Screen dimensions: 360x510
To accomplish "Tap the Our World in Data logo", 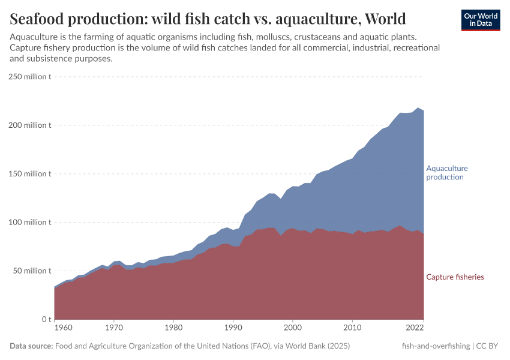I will coord(480,19).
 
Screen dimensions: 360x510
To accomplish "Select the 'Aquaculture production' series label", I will coord(446,173).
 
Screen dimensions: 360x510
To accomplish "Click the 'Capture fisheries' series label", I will coord(455,277).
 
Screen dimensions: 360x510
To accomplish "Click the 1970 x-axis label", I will coord(114,329).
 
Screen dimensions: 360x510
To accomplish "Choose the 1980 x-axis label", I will coord(173,329).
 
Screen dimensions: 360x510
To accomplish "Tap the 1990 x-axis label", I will coord(233,329).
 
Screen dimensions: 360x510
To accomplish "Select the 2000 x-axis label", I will coord(293,329).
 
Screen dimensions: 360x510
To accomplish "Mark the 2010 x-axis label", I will coord(352,329).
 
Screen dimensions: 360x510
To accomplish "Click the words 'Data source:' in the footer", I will coord(31,346).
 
